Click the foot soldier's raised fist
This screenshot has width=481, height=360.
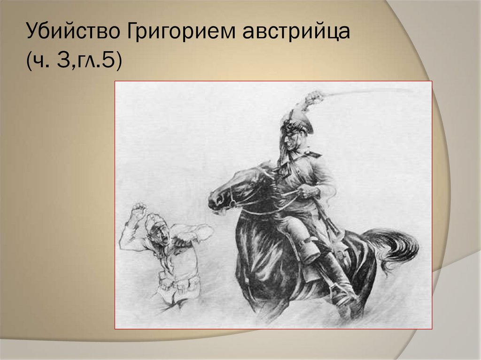(138, 209)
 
